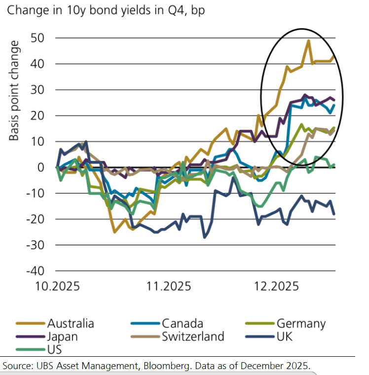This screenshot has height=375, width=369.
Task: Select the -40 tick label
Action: point(35,271)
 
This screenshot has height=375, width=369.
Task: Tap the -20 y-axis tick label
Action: point(35,219)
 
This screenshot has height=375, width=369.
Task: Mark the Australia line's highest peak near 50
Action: point(308,41)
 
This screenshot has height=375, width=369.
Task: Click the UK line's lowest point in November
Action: point(205,237)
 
